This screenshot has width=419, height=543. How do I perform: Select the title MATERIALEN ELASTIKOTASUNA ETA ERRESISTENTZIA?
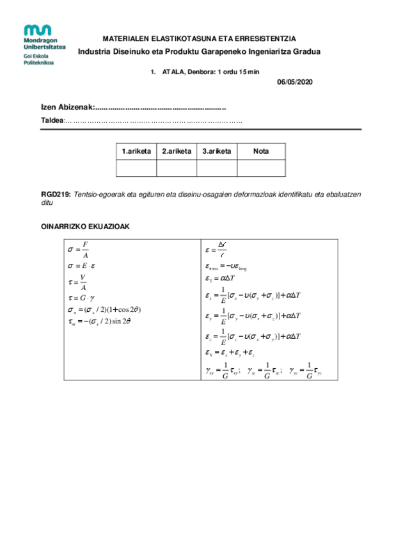click(199, 39)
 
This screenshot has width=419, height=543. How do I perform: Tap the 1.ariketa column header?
click(136, 151)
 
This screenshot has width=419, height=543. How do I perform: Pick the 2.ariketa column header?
click(176, 151)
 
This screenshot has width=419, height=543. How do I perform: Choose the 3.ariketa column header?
click(216, 151)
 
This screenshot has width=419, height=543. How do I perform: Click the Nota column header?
click(261, 151)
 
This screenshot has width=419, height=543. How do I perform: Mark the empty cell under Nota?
click(261, 168)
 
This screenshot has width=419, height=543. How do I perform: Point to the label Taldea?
click(52, 120)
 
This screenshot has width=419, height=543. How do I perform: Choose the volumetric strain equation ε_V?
click(231, 352)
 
